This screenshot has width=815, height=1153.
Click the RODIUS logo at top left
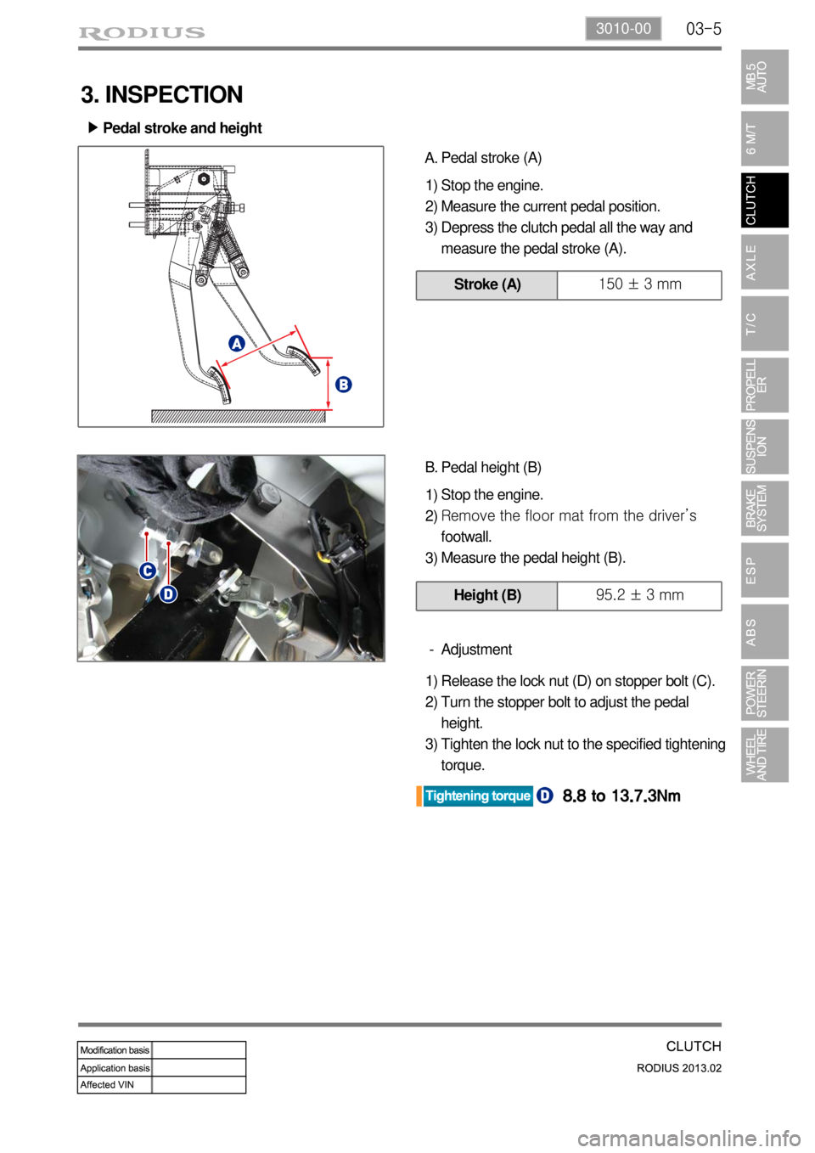click(142, 33)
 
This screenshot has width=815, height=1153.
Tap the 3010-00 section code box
click(623, 28)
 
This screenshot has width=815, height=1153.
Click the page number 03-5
click(703, 29)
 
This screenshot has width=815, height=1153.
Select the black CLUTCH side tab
click(765, 200)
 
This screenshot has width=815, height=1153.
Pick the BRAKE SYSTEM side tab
click(765, 508)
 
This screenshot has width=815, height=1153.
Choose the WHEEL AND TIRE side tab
click(765, 755)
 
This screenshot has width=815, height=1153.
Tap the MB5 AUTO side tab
click(765, 76)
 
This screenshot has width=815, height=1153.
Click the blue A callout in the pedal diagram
click(236, 343)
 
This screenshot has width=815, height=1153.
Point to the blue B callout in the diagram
click(343, 385)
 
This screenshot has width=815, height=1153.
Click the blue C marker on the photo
click(149, 571)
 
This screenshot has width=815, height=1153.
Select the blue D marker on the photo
click(168, 594)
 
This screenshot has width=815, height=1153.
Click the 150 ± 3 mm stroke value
click(639, 284)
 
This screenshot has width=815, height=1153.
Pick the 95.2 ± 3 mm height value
click(639, 595)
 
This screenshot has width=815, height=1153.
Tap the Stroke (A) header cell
click(486, 285)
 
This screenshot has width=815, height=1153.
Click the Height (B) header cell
click(486, 596)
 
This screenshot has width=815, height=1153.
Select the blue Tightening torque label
click(477, 796)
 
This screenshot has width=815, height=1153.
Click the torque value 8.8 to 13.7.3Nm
click(621, 796)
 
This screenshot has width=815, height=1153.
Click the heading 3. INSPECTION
click(161, 95)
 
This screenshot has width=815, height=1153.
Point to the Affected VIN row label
click(107, 1084)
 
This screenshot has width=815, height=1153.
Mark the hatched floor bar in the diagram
click(239, 416)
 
